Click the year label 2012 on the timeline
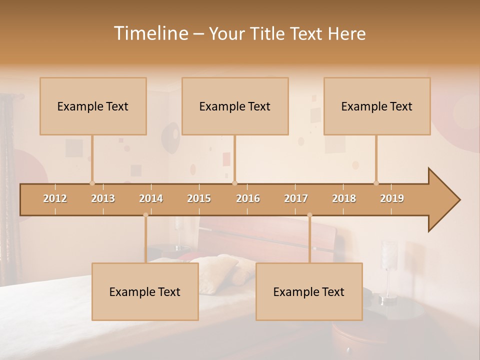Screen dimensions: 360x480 coord(55,198)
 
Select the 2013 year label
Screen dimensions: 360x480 coord(103,198)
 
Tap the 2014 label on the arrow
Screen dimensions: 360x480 coord(151,198)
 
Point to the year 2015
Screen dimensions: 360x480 coord(199,198)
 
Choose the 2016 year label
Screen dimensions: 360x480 coord(248,198)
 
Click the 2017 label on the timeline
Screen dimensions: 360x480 coord(296,198)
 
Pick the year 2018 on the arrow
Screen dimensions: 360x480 coord(344,198)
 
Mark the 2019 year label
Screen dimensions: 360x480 coord(392,198)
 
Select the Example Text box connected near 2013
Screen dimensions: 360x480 coord(93,106)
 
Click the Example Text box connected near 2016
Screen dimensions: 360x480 coord(235,106)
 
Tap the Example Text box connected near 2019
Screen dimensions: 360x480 coord(377,106)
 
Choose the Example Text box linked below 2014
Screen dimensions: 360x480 coord(145,291)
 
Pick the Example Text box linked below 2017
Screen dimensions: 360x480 coord(309,291)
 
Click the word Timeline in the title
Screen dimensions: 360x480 coord(150,33)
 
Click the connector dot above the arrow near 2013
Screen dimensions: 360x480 coord(92,183)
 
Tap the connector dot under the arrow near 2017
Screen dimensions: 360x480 coord(309,215)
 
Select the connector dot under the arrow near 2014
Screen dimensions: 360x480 coord(145,215)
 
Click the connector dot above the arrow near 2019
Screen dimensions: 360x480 coord(376,183)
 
